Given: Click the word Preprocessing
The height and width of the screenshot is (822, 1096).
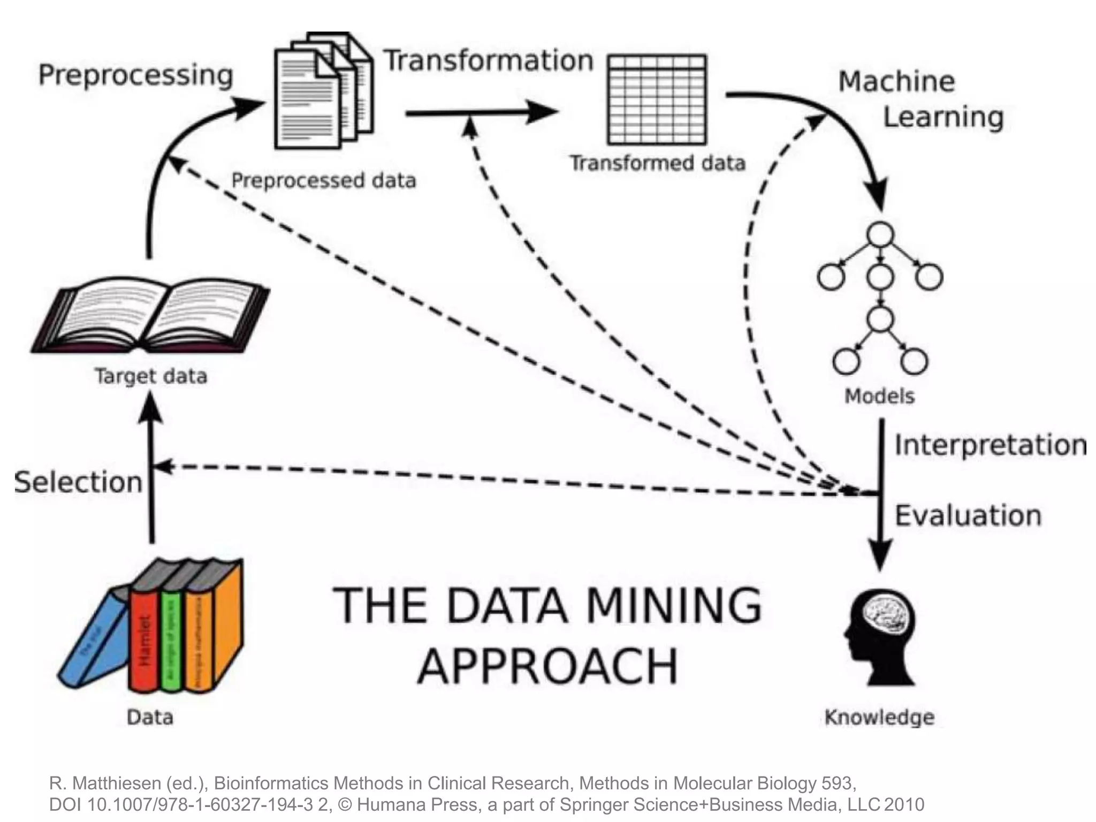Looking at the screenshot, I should tap(135, 75).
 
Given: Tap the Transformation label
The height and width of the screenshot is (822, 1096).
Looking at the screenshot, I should tap(489, 60).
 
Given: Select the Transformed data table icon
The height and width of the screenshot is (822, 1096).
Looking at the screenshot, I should tap(657, 100).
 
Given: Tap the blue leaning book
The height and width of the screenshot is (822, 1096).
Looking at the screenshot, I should tap(94, 637).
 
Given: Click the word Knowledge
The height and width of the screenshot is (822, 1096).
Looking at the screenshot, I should tap(879, 717).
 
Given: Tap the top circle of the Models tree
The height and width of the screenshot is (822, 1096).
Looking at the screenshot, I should tap(880, 234).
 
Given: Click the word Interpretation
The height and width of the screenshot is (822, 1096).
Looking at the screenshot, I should tap(990, 445).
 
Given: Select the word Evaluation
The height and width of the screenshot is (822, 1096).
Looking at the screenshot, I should tap(968, 516).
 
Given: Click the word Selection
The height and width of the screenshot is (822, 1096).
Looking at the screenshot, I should tap(79, 482).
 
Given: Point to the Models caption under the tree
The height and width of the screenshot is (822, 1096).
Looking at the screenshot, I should tap(879, 397).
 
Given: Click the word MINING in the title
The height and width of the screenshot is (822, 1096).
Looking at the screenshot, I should tap(673, 606).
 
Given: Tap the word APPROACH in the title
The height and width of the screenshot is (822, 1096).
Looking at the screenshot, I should tap(547, 666).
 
